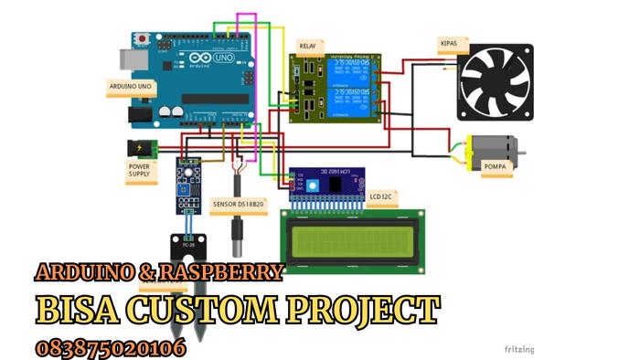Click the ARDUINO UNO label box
(131, 86)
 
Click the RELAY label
(308, 44)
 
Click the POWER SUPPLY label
(139, 171)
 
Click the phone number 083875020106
(111, 347)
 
